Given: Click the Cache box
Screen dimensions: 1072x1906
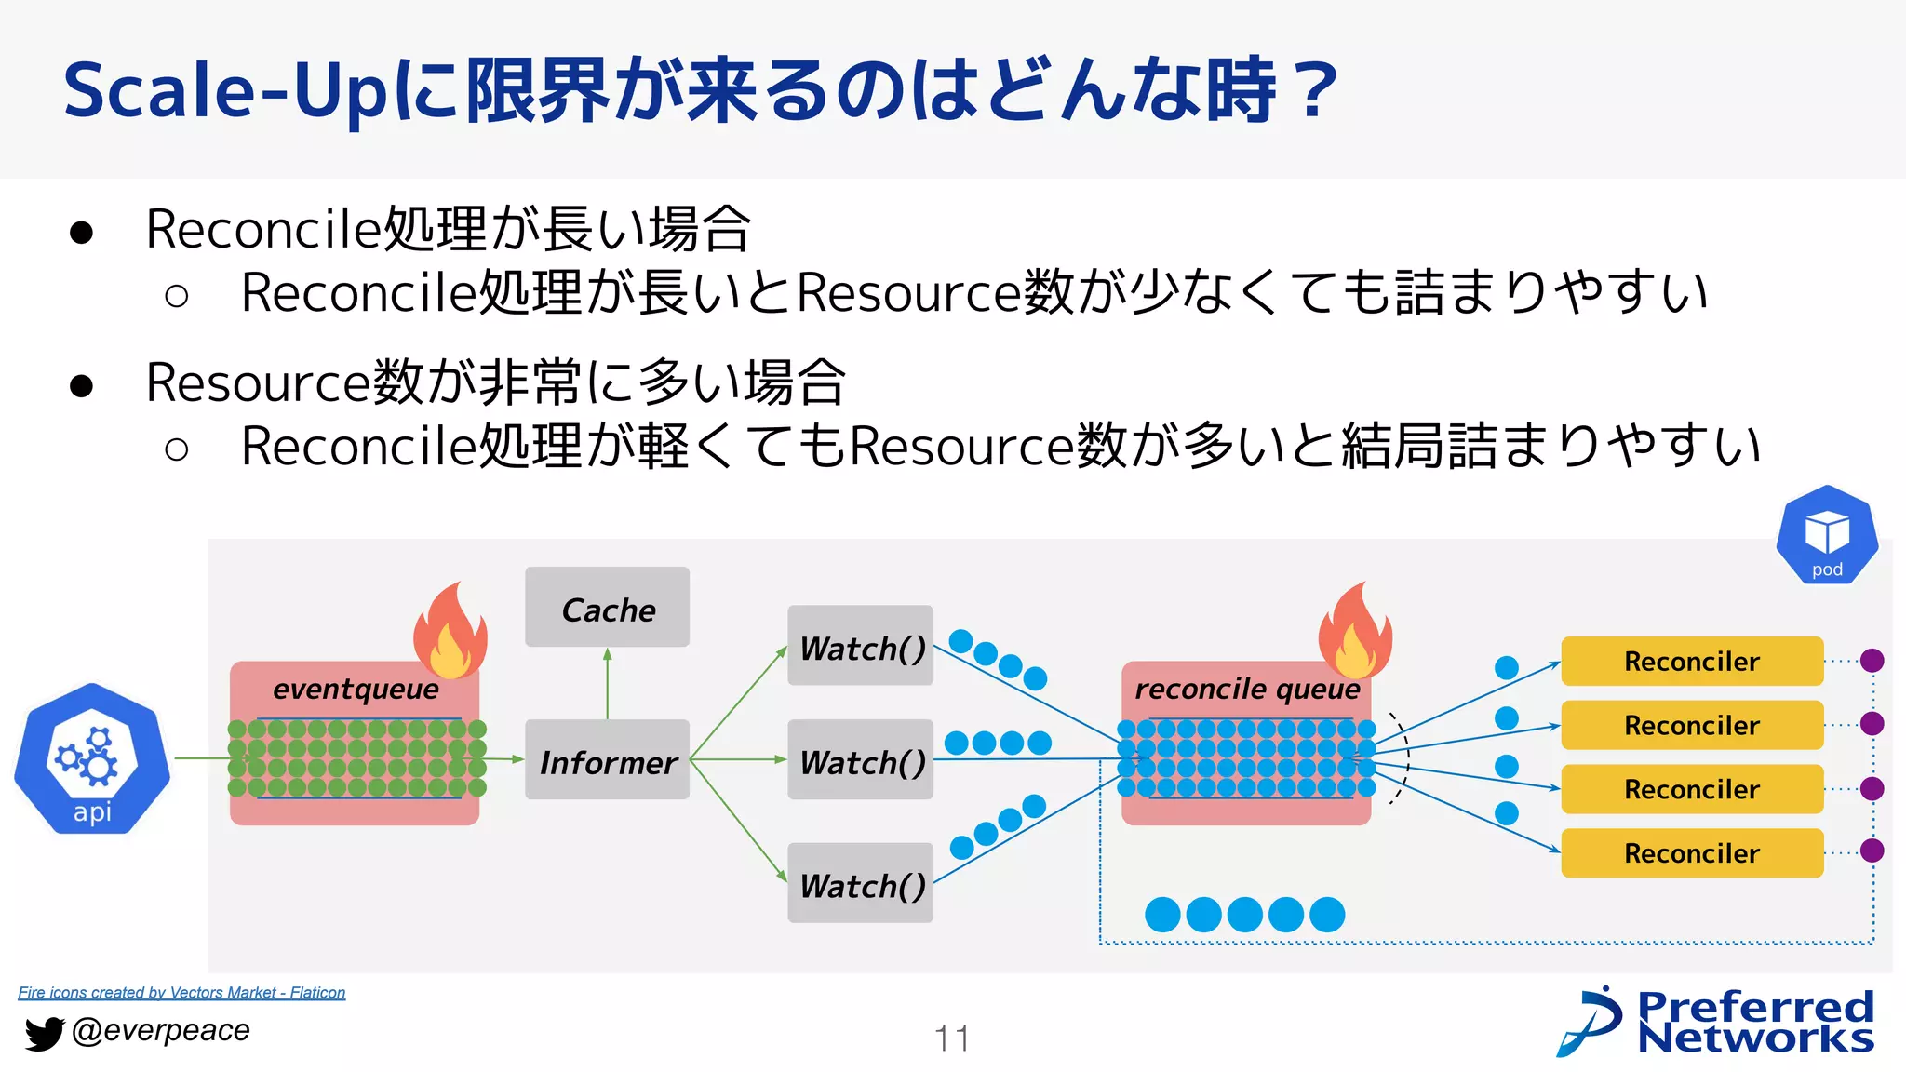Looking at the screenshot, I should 607,608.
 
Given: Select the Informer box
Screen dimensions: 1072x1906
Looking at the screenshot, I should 607,760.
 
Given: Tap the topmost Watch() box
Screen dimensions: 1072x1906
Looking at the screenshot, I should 860,646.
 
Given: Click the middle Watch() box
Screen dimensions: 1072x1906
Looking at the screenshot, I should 860,760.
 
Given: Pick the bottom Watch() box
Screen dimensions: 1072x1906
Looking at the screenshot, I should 860,883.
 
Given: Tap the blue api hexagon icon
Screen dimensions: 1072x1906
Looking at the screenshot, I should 92,758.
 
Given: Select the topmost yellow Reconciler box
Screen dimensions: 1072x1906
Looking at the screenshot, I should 1691,662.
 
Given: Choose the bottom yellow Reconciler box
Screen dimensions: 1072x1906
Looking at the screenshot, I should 1691,853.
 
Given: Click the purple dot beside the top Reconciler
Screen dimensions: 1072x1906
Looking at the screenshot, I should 1872,661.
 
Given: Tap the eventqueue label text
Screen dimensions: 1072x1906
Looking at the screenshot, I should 356,690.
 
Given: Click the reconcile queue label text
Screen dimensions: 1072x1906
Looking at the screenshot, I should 1247,690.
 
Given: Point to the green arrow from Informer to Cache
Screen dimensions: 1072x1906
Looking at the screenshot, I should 608,683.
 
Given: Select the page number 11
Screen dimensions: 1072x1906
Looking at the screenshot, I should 952,1038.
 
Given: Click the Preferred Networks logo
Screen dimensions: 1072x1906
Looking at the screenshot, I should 1717,1021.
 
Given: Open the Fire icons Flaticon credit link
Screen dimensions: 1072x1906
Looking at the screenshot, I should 181,993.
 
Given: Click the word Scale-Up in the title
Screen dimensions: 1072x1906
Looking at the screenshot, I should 223,91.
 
